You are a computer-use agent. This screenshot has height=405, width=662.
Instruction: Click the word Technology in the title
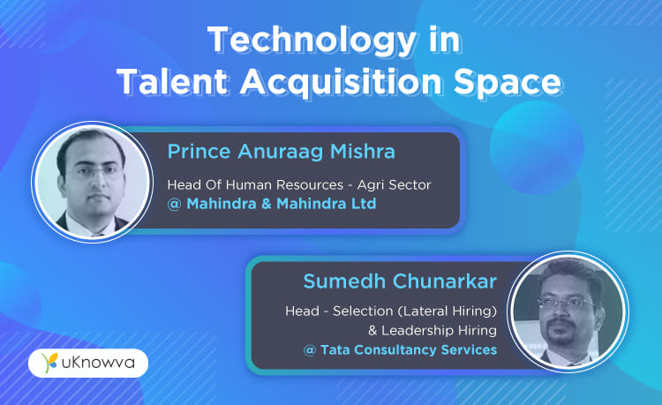312,40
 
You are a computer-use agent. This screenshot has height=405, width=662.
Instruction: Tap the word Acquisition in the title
341,81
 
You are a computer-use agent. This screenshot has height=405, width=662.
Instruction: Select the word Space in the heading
508,82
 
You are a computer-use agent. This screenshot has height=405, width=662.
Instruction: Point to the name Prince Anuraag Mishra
282,152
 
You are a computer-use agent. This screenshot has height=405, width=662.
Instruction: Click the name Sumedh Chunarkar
400,281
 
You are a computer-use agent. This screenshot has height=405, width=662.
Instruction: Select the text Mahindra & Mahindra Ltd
282,204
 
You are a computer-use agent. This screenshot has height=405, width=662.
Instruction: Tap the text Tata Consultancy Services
409,349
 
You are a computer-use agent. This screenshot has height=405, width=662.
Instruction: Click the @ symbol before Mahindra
174,204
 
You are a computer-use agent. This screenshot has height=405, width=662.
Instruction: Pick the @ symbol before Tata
310,350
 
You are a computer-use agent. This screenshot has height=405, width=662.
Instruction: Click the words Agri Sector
394,184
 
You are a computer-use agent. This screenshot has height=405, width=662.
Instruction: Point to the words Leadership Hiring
439,330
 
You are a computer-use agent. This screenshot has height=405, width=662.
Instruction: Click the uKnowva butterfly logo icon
49,363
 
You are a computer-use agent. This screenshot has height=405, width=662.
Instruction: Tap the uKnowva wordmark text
98,363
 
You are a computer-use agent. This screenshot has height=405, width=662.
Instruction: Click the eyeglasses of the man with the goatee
565,303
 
